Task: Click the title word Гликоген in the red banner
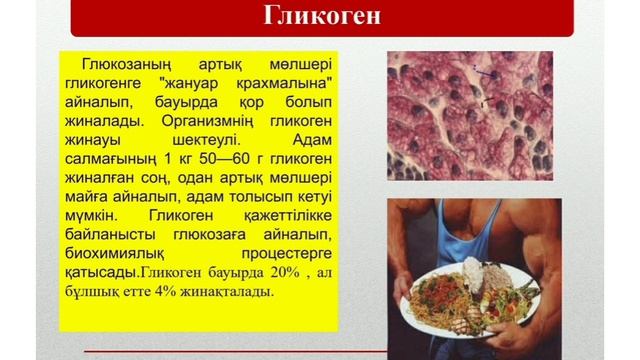click(x=320, y=18)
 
